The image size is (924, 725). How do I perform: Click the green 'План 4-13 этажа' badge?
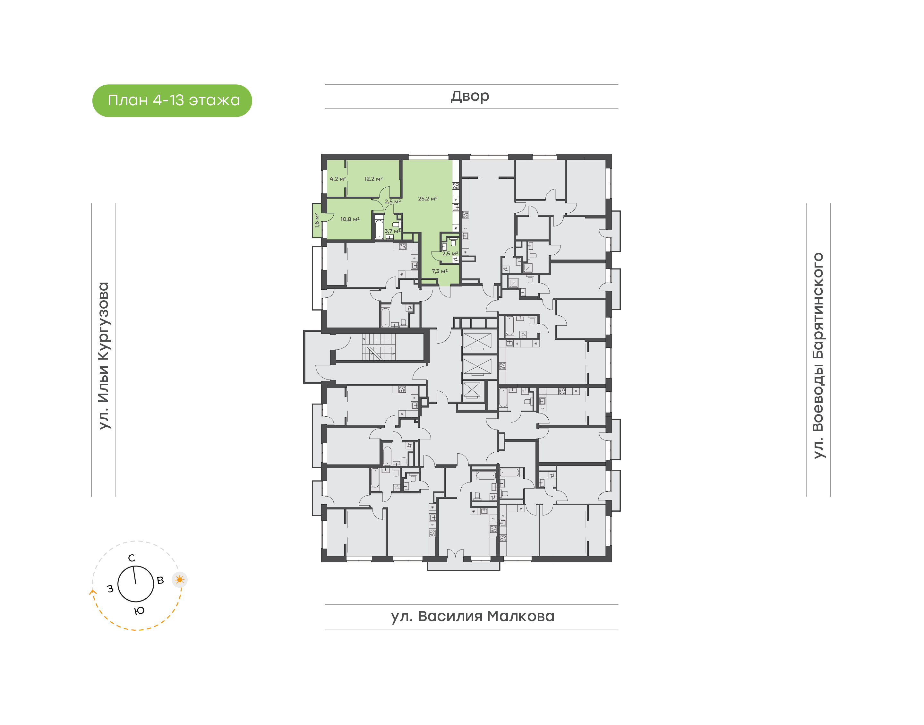[x=172, y=101]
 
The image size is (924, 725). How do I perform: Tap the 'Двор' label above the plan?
[x=470, y=96]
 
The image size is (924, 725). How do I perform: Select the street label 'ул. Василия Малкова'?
[x=472, y=616]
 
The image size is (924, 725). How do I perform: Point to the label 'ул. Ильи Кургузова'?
[x=104, y=356]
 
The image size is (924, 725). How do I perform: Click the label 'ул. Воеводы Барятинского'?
[x=818, y=356]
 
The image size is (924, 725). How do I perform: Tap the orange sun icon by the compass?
[x=180, y=579]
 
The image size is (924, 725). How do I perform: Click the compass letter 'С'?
[x=132, y=558]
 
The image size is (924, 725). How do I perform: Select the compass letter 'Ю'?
[x=140, y=611]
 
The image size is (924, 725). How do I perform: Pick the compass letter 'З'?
[x=110, y=589]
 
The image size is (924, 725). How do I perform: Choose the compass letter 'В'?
[x=160, y=580]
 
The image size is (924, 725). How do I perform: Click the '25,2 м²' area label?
[x=427, y=199]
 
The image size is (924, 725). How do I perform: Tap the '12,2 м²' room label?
[x=373, y=179]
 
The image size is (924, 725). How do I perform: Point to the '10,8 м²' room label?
[x=350, y=219]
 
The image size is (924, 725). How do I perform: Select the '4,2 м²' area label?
[x=338, y=179]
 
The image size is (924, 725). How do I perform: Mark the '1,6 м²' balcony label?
[x=317, y=221]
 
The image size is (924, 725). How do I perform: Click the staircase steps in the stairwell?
[x=379, y=347]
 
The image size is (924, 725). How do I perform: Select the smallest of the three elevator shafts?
[x=472, y=390]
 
